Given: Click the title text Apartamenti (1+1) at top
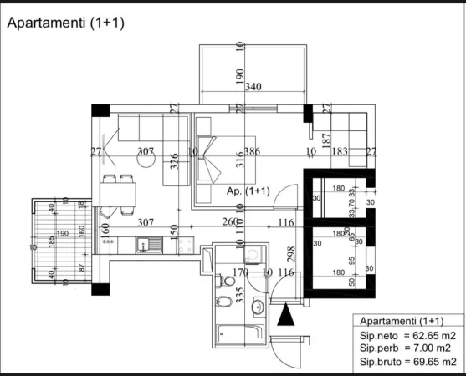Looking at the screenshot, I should [66, 23].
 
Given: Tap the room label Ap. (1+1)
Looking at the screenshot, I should [248, 191].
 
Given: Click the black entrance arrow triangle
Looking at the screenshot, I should [286, 317].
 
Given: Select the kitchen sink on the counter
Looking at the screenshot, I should [155, 245].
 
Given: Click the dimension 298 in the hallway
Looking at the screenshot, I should [290, 255].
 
